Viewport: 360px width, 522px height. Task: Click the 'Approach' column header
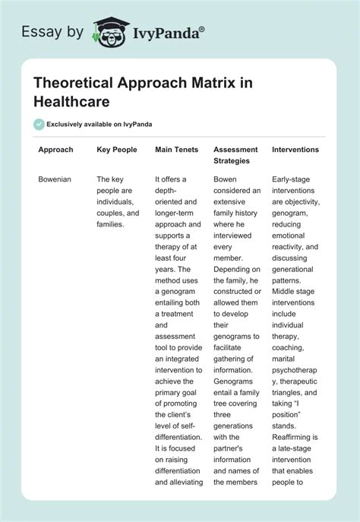[x=55, y=150]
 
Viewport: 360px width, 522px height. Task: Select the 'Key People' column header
[x=117, y=150]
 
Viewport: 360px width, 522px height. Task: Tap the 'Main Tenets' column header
[x=176, y=150]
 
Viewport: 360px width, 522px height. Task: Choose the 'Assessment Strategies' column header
[x=235, y=155]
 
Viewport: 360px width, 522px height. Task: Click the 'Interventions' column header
[x=295, y=150]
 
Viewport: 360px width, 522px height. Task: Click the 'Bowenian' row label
[x=55, y=179]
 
